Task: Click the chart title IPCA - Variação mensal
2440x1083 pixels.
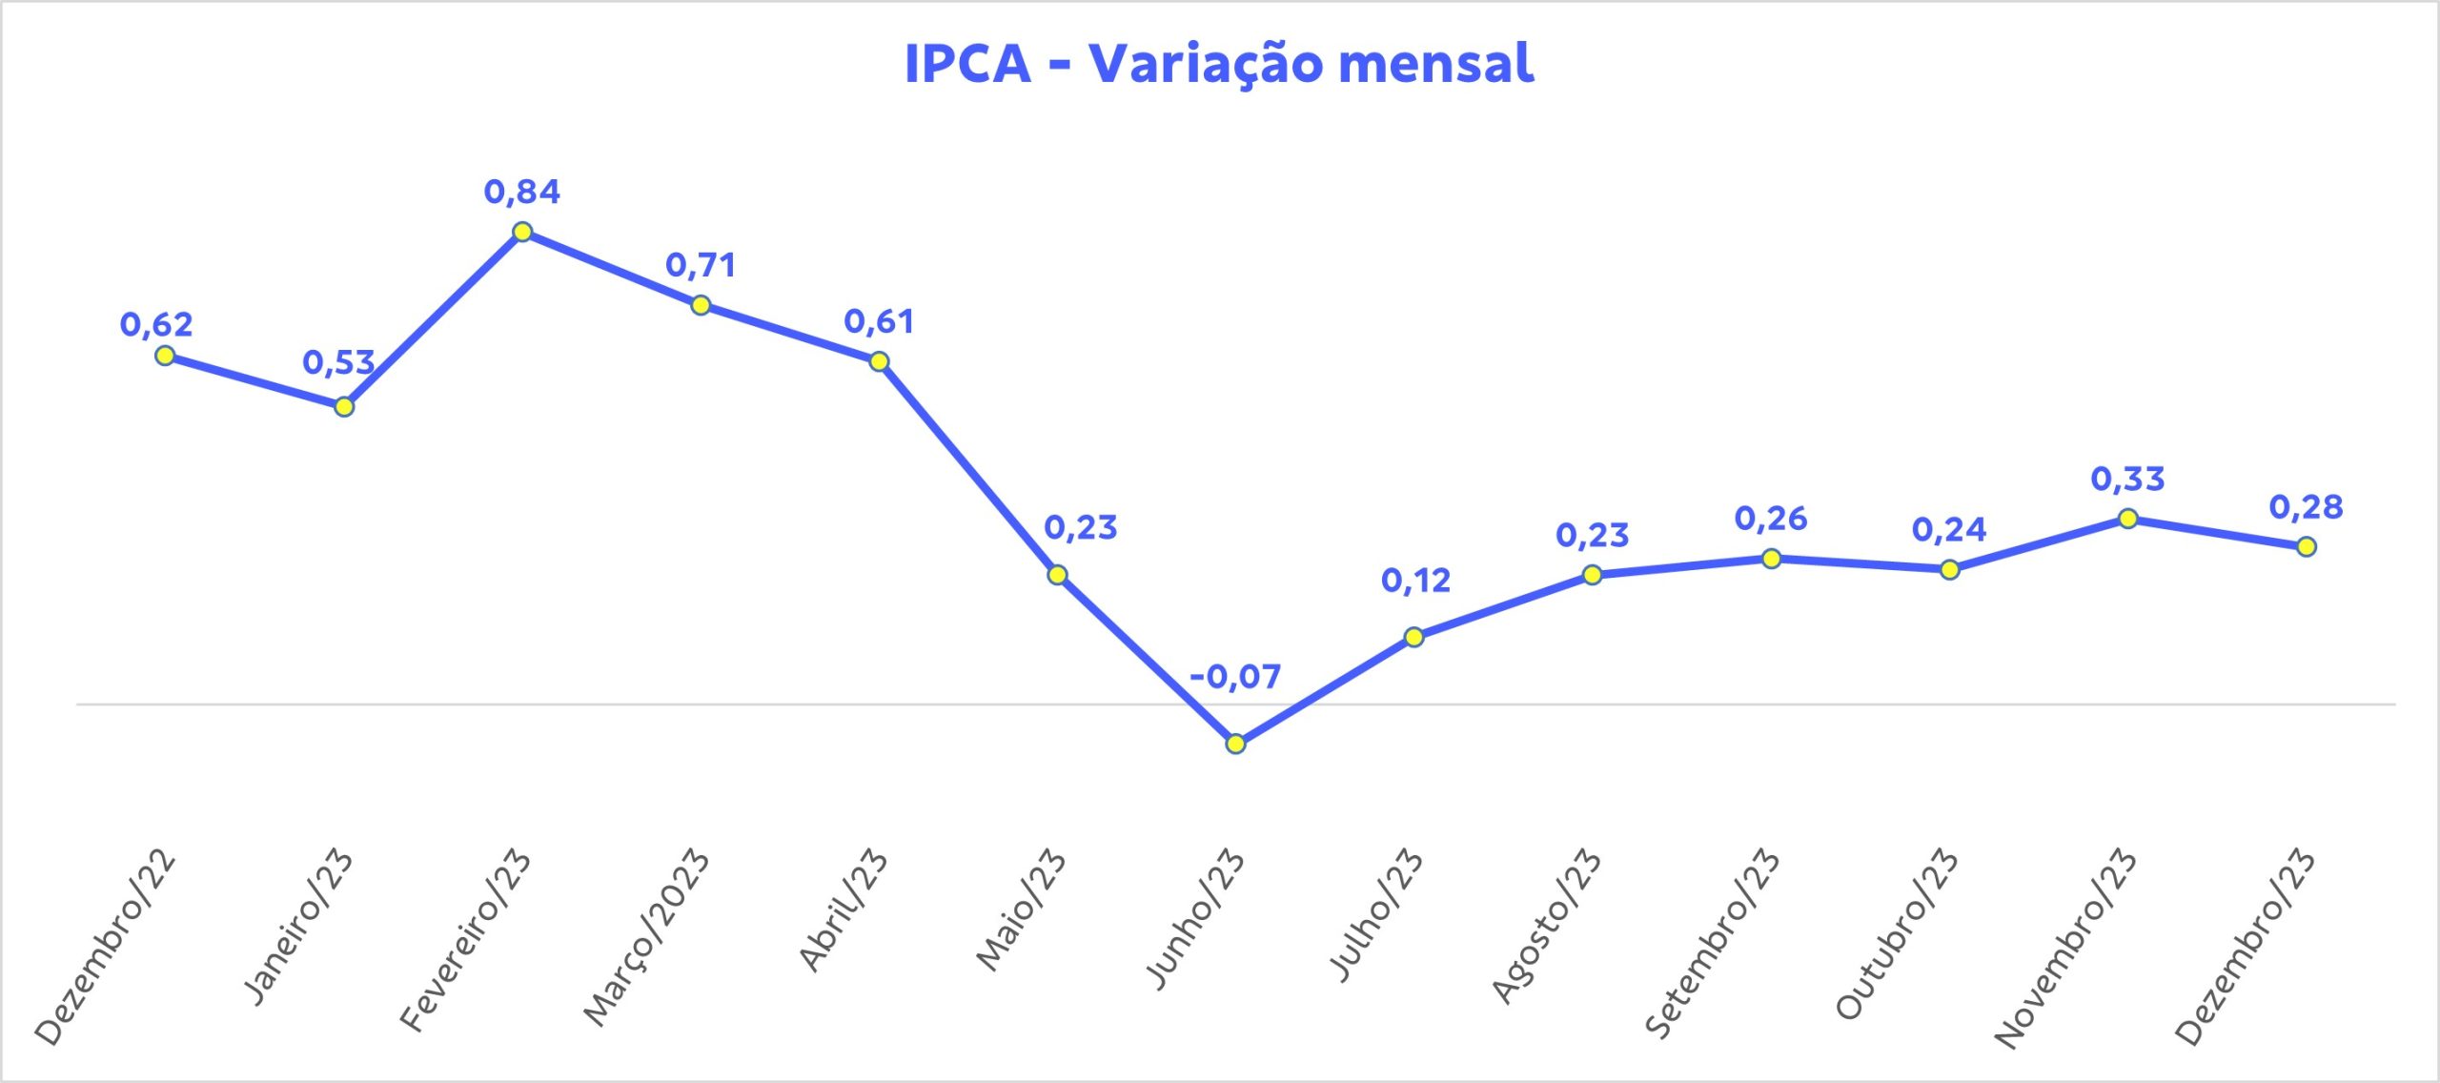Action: pos(1219,64)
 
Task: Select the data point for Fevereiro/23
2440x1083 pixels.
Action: pos(522,232)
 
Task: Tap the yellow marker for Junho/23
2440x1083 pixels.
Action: pos(1235,744)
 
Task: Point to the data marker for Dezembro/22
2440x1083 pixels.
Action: pos(165,356)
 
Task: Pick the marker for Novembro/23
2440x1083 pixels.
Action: pos(2127,519)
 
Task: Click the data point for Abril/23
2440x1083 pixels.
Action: pos(879,361)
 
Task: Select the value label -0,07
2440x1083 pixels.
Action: pos(1235,677)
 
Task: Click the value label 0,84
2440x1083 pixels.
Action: pos(522,192)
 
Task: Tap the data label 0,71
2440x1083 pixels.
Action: pos(701,265)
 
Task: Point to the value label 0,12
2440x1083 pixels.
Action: pos(1415,581)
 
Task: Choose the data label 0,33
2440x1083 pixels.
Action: pos(2127,479)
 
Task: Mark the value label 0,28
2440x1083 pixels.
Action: pos(2306,507)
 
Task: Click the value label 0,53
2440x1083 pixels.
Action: pos(338,362)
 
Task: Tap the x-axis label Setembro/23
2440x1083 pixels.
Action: pos(1713,942)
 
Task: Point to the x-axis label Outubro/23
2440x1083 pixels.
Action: pos(1898,932)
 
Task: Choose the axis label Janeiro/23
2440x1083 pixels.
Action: pos(299,925)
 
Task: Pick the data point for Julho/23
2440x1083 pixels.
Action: pos(1414,637)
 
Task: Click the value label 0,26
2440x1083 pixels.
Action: pos(1771,519)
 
